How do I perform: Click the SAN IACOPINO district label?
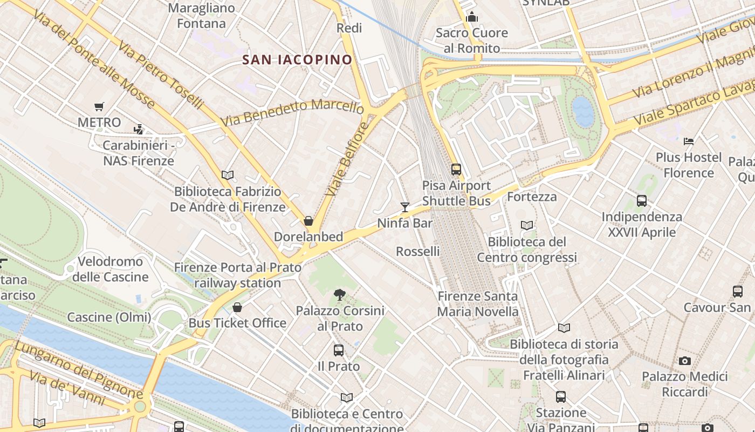[297, 59]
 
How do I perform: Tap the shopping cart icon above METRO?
[99, 106]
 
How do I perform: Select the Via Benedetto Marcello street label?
[292, 113]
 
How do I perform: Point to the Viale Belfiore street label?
[347, 159]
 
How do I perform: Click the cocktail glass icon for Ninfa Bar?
[405, 207]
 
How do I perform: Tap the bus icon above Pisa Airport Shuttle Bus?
[456, 170]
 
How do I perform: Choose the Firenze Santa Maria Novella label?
[477, 303]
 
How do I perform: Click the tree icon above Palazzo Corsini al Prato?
[339, 294]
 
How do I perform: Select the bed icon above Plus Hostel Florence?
[688, 141]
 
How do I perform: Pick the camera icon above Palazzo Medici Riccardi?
[685, 361]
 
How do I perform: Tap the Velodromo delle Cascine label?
[111, 269]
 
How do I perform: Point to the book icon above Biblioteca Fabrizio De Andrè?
[228, 175]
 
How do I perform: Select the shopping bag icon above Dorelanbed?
[308, 221]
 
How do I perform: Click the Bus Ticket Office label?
[237, 323]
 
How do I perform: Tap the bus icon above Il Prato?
[338, 350]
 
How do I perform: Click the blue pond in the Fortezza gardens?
[583, 111]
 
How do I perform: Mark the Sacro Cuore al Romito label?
[471, 40]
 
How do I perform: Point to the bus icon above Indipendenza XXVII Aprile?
[641, 201]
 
